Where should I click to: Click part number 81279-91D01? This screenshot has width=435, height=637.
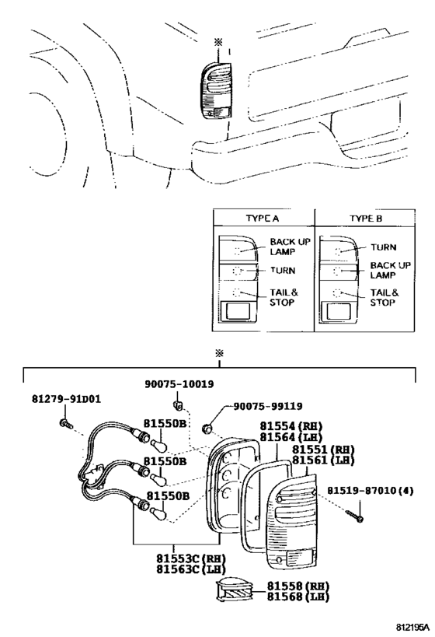[66, 399]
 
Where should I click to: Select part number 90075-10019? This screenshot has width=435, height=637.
[179, 384]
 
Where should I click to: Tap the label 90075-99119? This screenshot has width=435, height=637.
[267, 406]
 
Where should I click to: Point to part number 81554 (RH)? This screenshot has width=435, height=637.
[291, 426]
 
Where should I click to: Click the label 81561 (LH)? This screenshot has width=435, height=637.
[323, 460]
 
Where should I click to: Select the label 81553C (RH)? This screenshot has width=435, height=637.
[191, 558]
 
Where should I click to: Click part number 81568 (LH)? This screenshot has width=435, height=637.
[298, 597]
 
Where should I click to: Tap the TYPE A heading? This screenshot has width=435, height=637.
[262, 218]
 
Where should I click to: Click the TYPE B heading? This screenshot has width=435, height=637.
[366, 218]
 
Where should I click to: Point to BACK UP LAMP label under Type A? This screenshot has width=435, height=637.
[291, 247]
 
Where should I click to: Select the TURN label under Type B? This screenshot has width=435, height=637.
[384, 247]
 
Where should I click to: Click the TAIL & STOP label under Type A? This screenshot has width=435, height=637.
[284, 297]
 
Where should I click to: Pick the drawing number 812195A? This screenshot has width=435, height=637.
[412, 627]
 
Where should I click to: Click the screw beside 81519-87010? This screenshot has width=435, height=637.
[355, 516]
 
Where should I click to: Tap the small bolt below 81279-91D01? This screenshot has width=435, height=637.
[66, 424]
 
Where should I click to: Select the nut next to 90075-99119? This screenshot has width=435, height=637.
[207, 429]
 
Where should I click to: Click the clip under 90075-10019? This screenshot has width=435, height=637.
[177, 404]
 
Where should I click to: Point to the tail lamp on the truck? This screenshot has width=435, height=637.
[216, 91]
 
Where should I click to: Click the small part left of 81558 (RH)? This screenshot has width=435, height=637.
[235, 590]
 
